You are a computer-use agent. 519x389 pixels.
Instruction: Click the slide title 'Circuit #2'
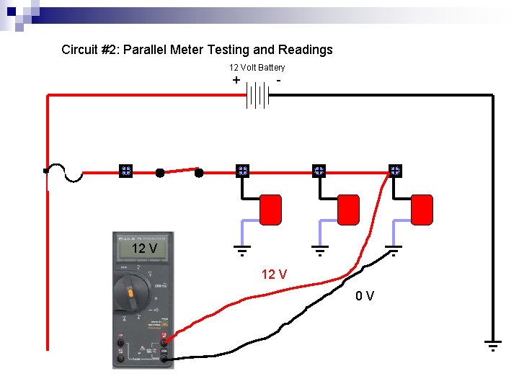click(197, 50)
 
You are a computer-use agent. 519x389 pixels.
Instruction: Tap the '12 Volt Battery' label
click(257, 68)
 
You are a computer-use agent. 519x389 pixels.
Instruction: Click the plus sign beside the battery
click(236, 80)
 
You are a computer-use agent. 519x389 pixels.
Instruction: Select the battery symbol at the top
click(257, 94)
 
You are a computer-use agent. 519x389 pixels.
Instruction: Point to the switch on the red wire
click(179, 171)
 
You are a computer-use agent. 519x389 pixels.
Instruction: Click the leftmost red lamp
click(270, 210)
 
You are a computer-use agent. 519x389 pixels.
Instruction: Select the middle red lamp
click(348, 210)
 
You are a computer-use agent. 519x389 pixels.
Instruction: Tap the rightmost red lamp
click(422, 210)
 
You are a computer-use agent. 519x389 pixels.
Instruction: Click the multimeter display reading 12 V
click(144, 249)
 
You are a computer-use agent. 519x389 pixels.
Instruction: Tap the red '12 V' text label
click(274, 274)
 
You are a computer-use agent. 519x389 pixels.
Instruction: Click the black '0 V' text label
click(365, 295)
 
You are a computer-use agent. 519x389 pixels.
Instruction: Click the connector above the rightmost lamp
click(395, 171)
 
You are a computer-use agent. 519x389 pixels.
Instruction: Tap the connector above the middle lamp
click(319, 171)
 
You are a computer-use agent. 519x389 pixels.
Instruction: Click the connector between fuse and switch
click(125, 171)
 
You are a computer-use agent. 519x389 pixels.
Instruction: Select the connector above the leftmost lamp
click(243, 171)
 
